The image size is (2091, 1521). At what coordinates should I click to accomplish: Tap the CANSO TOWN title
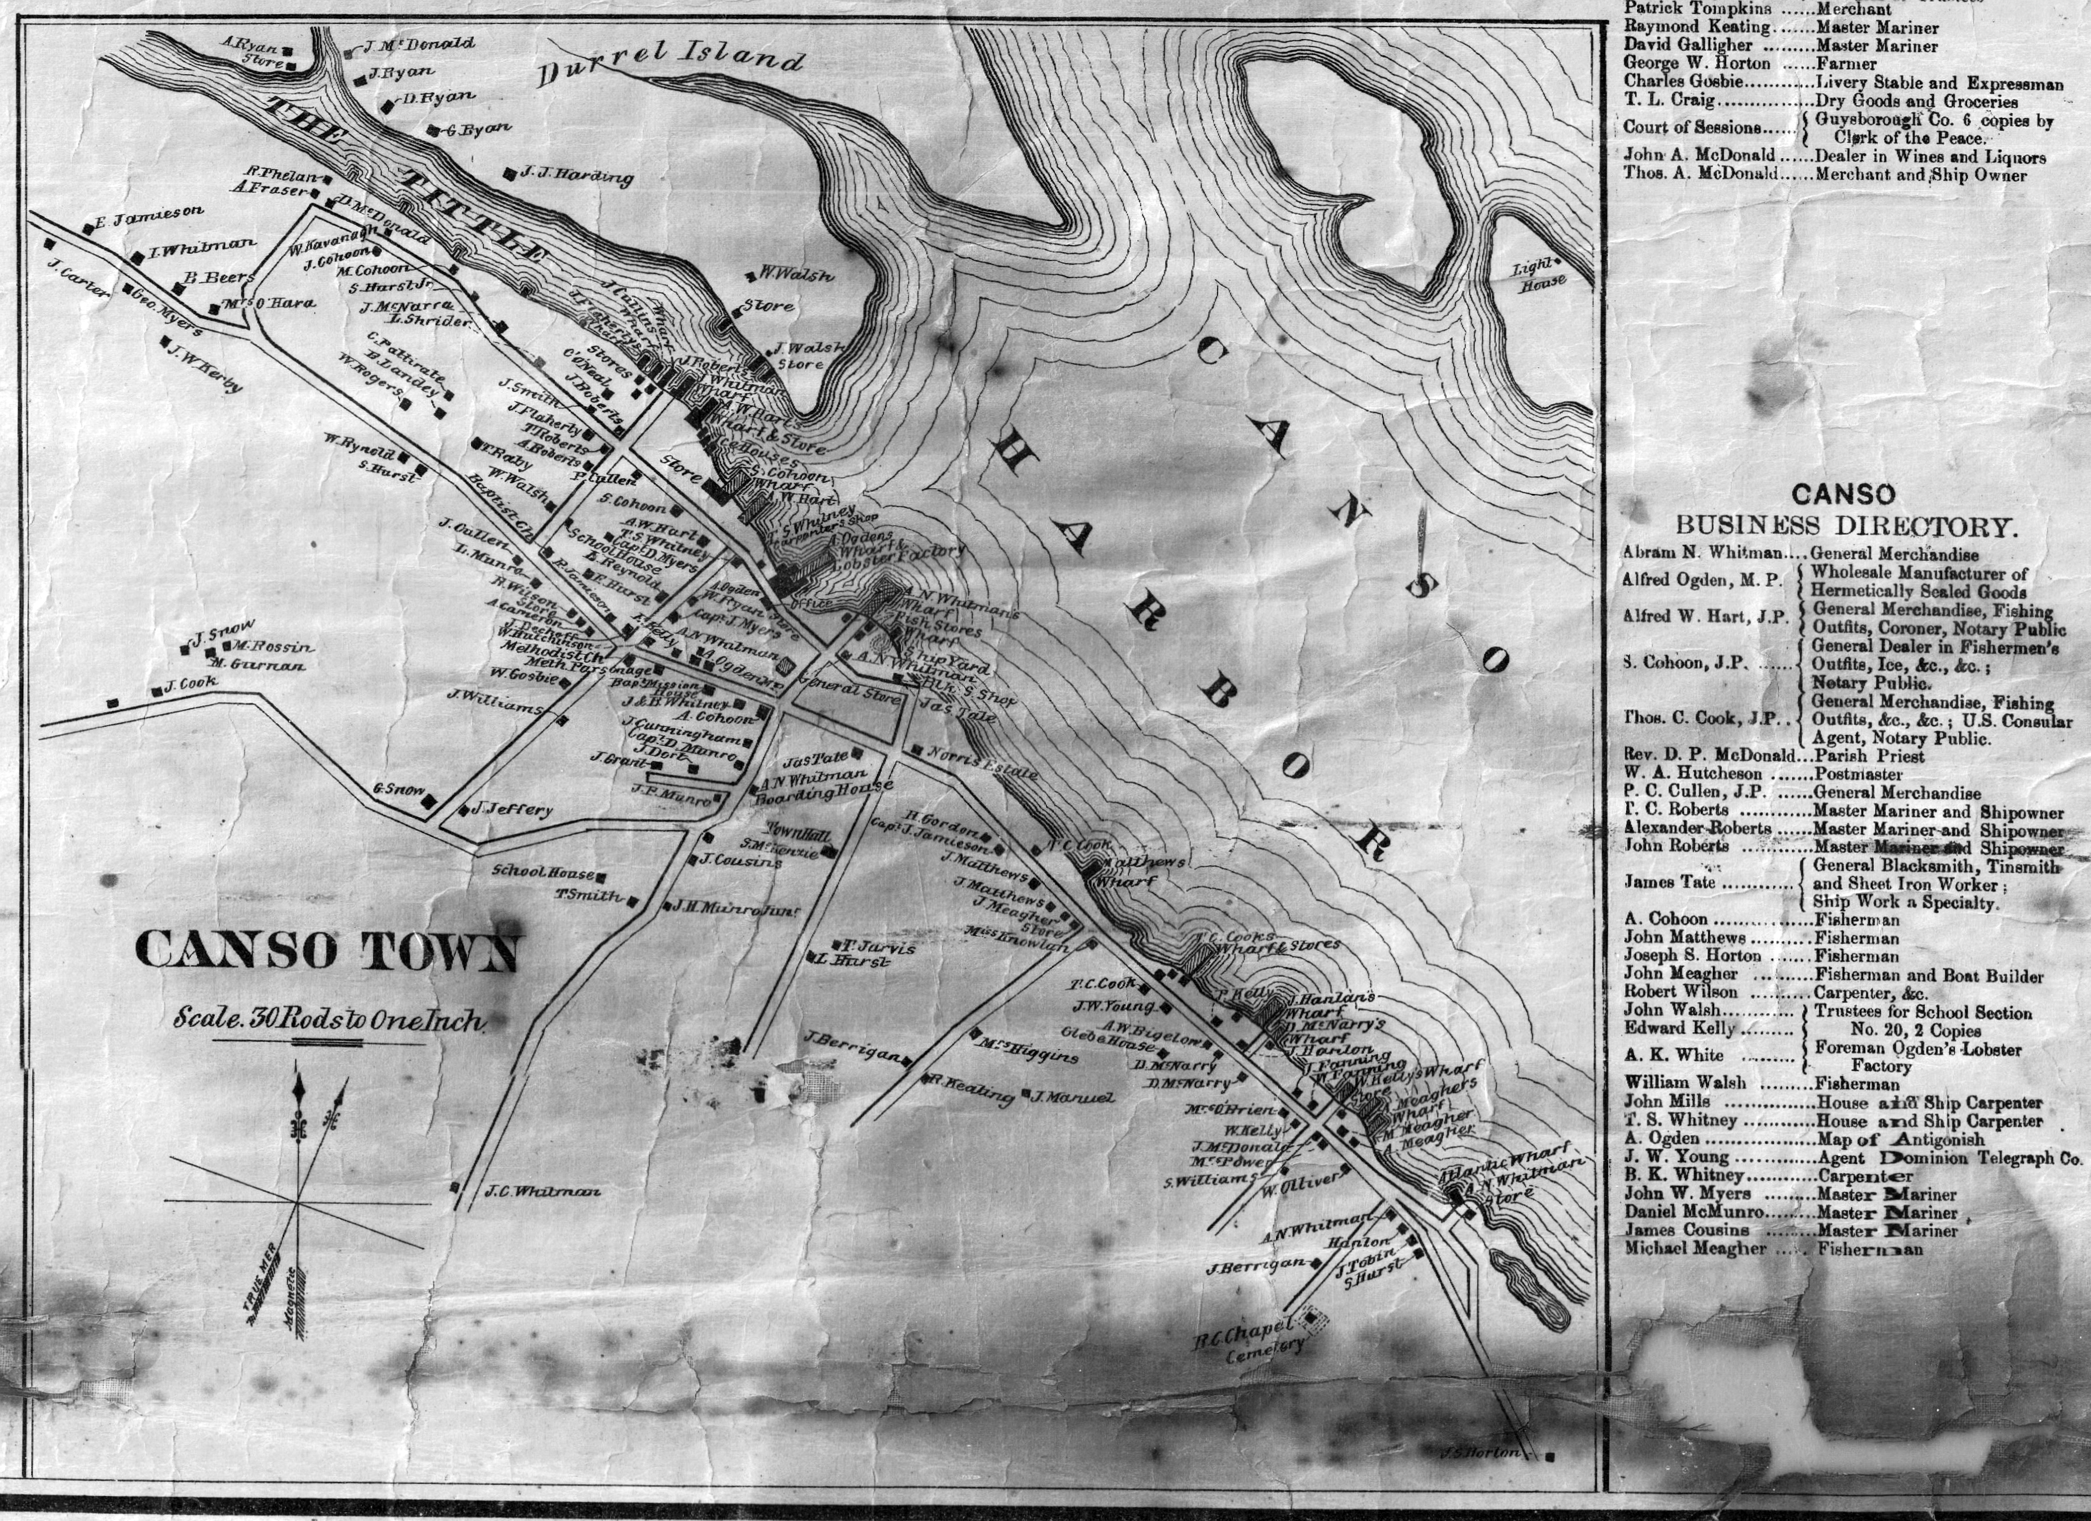(x=328, y=951)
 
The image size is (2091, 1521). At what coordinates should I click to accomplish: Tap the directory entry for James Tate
(x=1671, y=882)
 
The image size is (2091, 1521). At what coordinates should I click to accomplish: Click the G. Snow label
(x=398, y=789)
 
